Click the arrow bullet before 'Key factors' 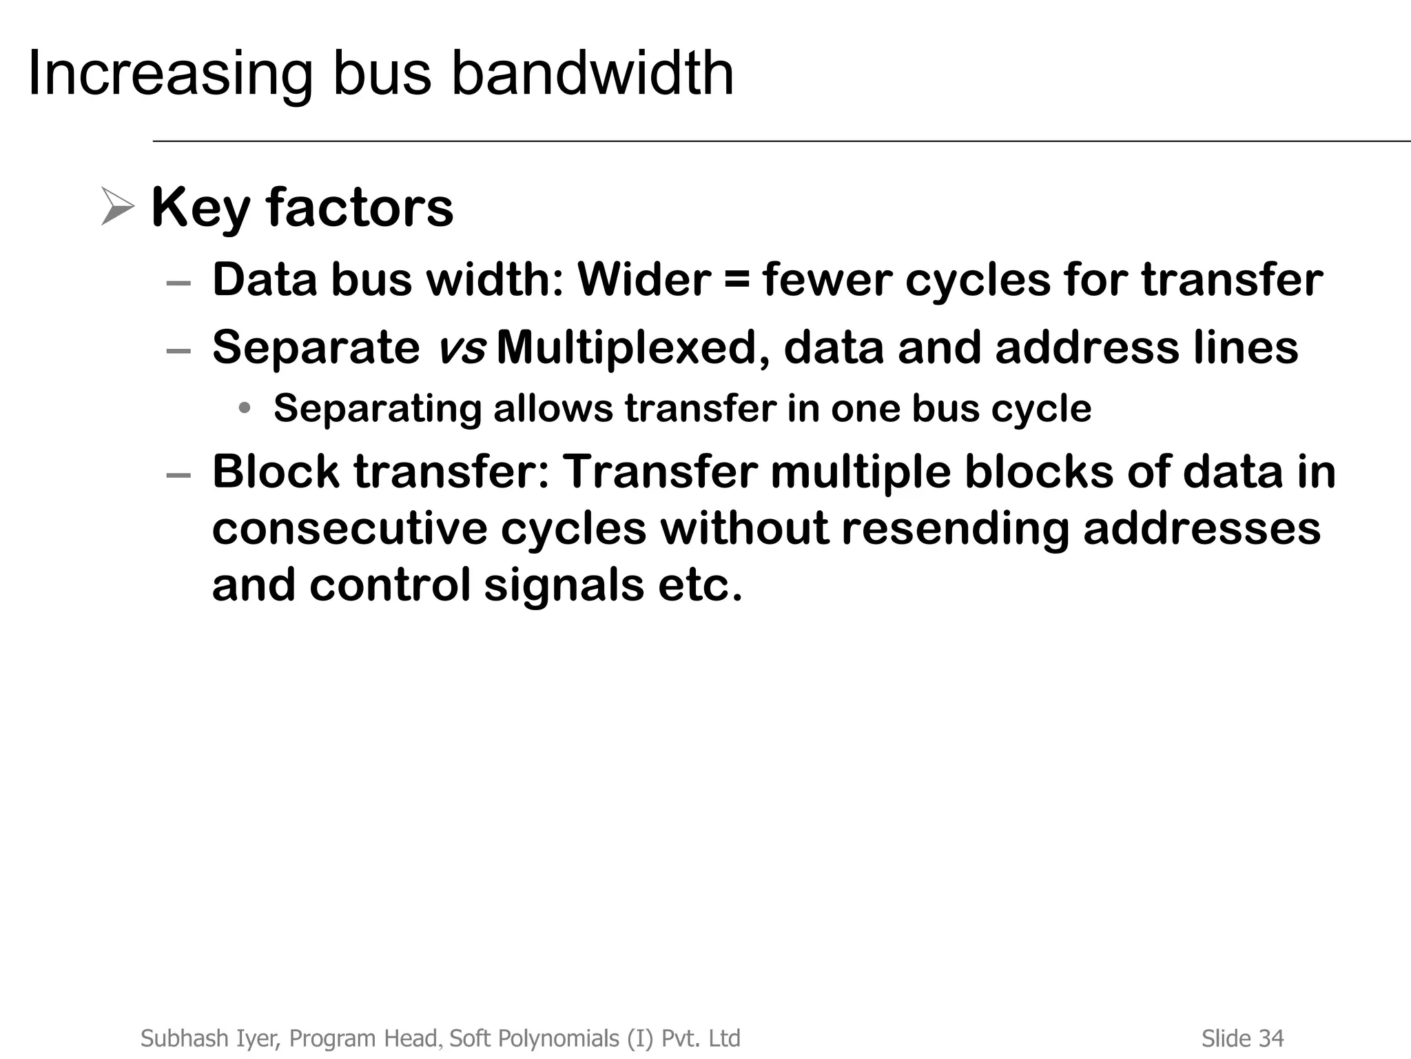(x=117, y=206)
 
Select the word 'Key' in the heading (x=200, y=208)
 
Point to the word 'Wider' (x=643, y=280)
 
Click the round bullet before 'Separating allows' (x=244, y=408)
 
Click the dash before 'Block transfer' (x=178, y=475)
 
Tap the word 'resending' (x=955, y=529)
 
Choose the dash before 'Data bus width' (x=178, y=283)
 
